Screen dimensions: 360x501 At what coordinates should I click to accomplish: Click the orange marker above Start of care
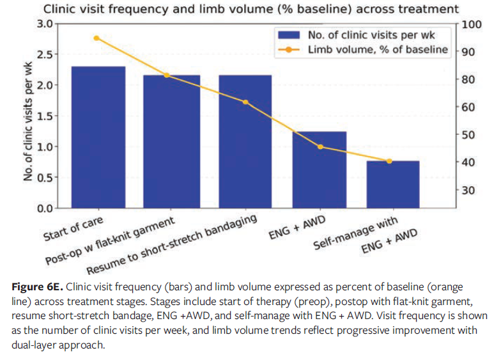96,38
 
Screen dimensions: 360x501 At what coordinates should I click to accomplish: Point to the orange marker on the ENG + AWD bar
320,147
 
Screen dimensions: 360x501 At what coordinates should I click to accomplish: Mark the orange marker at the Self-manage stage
389,161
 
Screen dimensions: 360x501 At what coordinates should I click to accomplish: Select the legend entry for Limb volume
378,50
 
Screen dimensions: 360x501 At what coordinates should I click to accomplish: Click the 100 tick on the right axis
471,24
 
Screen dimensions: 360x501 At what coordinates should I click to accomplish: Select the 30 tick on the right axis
468,190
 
